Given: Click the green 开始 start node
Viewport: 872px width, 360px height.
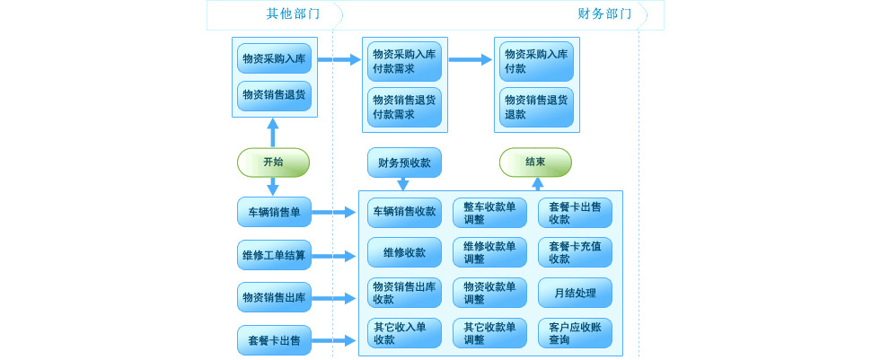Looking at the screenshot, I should [273, 162].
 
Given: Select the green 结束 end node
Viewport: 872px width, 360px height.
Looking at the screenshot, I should [535, 162].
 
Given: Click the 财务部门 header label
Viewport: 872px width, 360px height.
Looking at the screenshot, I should [604, 13].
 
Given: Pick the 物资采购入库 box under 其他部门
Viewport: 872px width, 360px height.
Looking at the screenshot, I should [274, 58].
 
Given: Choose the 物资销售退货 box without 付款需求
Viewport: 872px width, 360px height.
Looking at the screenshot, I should [274, 95].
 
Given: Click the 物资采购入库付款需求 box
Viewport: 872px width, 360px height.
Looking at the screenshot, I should [404, 61].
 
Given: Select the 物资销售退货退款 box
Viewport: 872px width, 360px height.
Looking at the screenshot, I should [536, 107].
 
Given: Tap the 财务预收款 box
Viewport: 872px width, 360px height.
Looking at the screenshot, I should [404, 162].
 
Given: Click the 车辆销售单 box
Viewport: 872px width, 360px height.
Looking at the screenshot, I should [274, 212].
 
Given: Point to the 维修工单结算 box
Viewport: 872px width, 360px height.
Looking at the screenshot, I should [274, 255].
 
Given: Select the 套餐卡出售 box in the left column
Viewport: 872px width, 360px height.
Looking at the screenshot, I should [274, 340].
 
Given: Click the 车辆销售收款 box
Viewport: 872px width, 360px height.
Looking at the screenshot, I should [404, 212].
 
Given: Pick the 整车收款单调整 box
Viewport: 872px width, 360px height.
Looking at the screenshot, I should [489, 213].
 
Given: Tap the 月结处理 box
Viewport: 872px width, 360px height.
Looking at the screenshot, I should [575, 293].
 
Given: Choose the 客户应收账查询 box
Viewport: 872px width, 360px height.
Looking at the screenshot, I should [575, 333].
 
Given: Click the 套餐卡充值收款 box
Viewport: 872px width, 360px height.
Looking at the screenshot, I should [575, 252].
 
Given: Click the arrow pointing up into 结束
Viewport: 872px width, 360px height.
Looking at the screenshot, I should [537, 183].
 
